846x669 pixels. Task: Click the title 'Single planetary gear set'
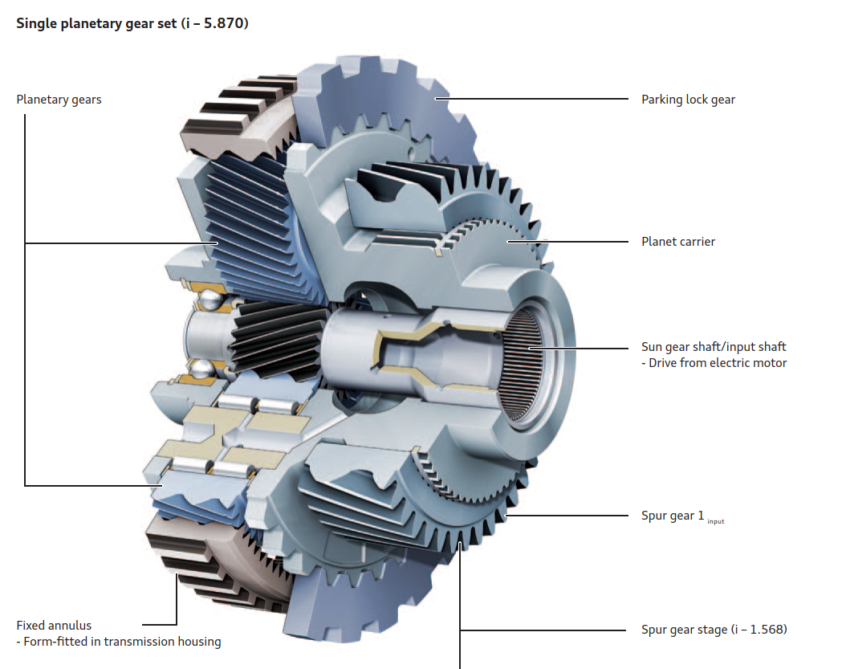pyautogui.click(x=96, y=24)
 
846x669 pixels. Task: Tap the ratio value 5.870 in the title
pyautogui.click(x=225, y=24)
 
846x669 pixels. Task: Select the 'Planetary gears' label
pyautogui.click(x=59, y=100)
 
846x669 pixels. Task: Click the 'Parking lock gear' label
pyautogui.click(x=688, y=100)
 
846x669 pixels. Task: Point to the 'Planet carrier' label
pyautogui.click(x=678, y=242)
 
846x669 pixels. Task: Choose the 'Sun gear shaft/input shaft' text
pyautogui.click(x=714, y=347)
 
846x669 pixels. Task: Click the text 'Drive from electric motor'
pyautogui.click(x=718, y=363)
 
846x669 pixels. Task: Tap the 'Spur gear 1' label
pyautogui.click(x=673, y=516)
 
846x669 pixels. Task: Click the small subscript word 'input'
pyautogui.click(x=715, y=521)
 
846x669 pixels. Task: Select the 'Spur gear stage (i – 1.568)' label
pyautogui.click(x=714, y=630)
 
